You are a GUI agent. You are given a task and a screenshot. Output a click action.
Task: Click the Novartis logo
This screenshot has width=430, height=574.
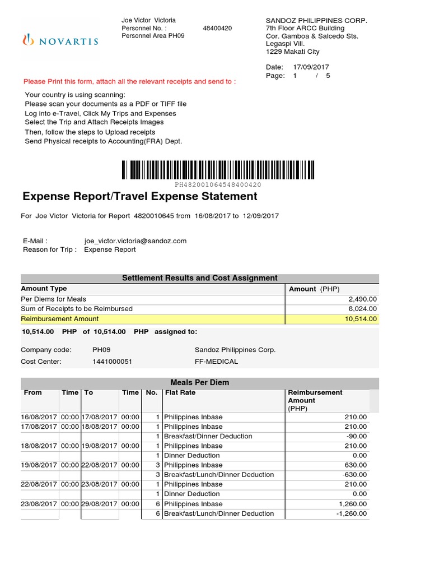pyautogui.click(x=60, y=40)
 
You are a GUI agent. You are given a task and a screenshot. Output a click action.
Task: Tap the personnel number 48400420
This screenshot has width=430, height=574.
pyautogui.click(x=217, y=28)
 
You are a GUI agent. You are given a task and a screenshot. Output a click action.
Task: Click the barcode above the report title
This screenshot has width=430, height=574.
pyautogui.click(x=218, y=170)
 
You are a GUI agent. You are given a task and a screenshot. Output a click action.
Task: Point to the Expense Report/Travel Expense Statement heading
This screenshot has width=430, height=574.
pyautogui.click(x=140, y=196)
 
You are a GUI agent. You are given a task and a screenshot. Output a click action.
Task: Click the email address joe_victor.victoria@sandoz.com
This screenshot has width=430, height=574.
pyautogui.click(x=135, y=241)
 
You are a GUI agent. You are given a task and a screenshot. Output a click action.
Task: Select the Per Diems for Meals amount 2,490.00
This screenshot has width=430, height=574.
pyautogui.click(x=363, y=299)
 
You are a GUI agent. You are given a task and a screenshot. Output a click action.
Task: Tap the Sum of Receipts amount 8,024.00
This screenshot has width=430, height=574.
pyautogui.click(x=363, y=308)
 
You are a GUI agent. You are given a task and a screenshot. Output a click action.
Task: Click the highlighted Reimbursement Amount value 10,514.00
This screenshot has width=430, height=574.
pyautogui.click(x=361, y=318)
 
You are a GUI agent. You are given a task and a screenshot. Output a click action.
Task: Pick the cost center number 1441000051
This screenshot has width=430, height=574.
pyautogui.click(x=113, y=362)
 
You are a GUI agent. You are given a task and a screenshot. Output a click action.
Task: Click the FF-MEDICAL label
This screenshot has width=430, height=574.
pyautogui.click(x=216, y=362)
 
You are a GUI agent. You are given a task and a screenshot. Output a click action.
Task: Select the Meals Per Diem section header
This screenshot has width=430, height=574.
pyautogui.click(x=199, y=382)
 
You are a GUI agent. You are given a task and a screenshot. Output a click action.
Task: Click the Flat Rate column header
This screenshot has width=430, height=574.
pyautogui.click(x=180, y=392)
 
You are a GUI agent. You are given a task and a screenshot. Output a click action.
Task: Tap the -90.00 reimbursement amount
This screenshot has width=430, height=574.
pyautogui.click(x=356, y=436)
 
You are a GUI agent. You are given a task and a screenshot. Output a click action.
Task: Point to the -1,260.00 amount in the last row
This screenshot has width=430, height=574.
pyautogui.click(x=353, y=513)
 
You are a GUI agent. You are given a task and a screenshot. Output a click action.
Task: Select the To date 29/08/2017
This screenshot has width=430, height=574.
pyautogui.click(x=100, y=504)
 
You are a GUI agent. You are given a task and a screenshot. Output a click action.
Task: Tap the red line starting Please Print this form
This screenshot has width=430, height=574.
pyautogui.click(x=130, y=81)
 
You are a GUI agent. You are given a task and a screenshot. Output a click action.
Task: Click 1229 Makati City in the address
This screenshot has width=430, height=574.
pyautogui.click(x=292, y=52)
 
